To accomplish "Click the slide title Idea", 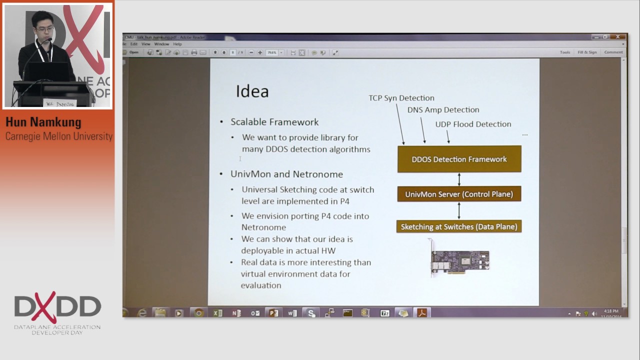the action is pyautogui.click(x=252, y=91).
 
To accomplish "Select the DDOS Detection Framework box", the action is pyautogui.click(x=459, y=159).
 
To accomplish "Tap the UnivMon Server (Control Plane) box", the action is pyautogui.click(x=459, y=194).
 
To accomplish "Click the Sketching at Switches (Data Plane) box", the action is pyautogui.click(x=459, y=226).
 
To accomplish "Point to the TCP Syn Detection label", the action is pyautogui.click(x=401, y=98).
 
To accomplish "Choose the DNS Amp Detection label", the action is pyautogui.click(x=443, y=110).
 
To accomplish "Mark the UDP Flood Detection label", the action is pyautogui.click(x=473, y=124).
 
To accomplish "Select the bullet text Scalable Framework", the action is pyautogui.click(x=274, y=122).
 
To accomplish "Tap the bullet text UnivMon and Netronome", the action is pyautogui.click(x=286, y=174).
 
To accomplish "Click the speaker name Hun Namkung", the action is pyautogui.click(x=43, y=122).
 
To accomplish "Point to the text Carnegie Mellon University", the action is pyautogui.click(x=58, y=136).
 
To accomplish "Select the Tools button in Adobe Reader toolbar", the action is pyautogui.click(x=565, y=52).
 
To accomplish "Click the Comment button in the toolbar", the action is pyautogui.click(x=613, y=52).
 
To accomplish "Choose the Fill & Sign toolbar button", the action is pyautogui.click(x=587, y=52).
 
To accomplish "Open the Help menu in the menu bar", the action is pyautogui.click(x=177, y=44).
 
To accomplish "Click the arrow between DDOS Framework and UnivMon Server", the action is pyautogui.click(x=459, y=179).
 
